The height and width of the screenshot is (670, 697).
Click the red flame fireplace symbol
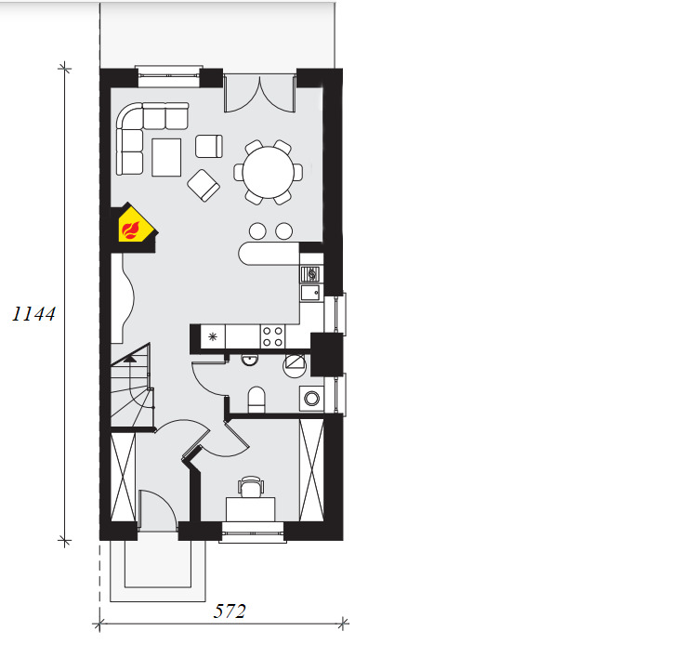coord(131,230)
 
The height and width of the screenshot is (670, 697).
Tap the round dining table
coord(269,172)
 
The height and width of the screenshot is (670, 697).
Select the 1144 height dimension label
coord(33,314)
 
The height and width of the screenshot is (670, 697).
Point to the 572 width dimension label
coord(230,611)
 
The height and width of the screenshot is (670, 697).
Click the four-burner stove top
coord(272,336)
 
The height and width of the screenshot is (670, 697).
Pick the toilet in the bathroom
coord(256,400)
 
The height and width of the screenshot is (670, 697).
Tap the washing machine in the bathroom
coord(311,399)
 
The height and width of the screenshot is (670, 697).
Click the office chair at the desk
coord(251,487)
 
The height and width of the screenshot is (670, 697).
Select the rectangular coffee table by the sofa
coord(166,157)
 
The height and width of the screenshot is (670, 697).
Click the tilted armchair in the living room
coord(204,185)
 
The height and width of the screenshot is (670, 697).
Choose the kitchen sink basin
coord(309,293)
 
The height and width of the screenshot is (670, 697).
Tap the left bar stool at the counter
coord(257,231)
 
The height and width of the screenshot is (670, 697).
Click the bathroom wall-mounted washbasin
coord(250,360)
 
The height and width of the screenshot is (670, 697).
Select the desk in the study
coord(251,509)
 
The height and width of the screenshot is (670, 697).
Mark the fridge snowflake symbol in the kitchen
coord(213,336)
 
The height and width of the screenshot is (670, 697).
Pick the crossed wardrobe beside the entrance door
coord(123,477)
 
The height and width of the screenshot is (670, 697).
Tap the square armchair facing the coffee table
coord(209,146)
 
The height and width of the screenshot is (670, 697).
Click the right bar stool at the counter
coord(283,231)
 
